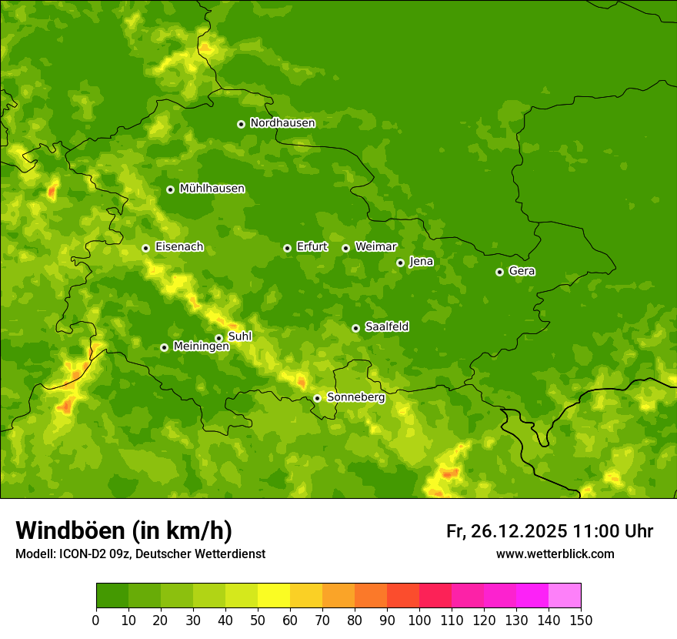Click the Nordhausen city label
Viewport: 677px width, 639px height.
coord(282,123)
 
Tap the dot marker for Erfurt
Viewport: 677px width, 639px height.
coord(287,248)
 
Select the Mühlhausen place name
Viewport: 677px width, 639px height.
coord(212,189)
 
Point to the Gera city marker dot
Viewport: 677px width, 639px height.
coord(499,272)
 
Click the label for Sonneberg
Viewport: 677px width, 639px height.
coord(355,397)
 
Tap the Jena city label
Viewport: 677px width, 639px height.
coord(421,262)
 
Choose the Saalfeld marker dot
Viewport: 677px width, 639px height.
coord(355,328)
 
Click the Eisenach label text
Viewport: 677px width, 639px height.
coord(179,247)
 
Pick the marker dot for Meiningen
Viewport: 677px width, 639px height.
coord(164,347)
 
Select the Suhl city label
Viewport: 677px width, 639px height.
coord(240,336)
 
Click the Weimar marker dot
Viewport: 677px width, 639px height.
coord(345,248)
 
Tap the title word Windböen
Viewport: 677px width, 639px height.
coord(69,530)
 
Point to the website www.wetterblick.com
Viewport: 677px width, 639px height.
coord(555,554)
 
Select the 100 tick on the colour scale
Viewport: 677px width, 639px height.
coord(419,620)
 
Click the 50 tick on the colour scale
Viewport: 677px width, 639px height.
coord(258,620)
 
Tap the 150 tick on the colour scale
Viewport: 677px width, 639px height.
coord(581,620)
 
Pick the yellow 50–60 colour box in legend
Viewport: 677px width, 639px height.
coord(274,596)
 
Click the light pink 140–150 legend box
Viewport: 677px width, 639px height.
coord(565,596)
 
